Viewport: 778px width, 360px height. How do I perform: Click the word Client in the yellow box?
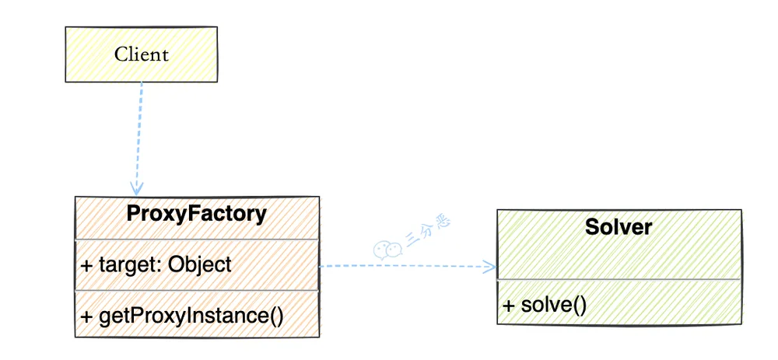[x=142, y=54]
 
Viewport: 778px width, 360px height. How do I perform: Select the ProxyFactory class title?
[x=197, y=214]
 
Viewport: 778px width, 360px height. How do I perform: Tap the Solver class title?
[x=619, y=226]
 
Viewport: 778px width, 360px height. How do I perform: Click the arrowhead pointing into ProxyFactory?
[x=136, y=188]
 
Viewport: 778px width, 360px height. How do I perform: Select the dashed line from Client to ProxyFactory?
[x=139, y=138]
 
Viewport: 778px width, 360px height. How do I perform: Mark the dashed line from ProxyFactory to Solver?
[x=408, y=266]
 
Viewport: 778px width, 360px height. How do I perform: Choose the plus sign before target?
[x=87, y=265]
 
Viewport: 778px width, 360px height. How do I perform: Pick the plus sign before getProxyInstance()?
[x=87, y=317]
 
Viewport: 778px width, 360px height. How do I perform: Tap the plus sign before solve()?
[x=509, y=305]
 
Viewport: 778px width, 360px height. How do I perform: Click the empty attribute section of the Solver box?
[x=619, y=261]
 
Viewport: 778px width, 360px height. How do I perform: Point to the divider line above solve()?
[x=619, y=280]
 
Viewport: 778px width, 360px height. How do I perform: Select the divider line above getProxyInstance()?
[x=197, y=291]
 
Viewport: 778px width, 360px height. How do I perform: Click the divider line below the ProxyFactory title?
[x=197, y=239]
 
